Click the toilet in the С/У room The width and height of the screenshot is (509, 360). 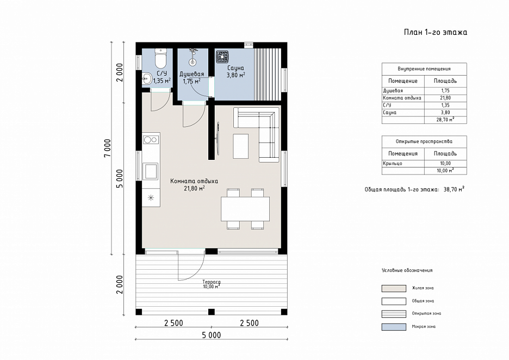point(160,58)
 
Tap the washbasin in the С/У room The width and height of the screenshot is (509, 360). point(147,78)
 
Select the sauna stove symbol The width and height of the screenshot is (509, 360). point(222,57)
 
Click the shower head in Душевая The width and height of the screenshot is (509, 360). point(193,56)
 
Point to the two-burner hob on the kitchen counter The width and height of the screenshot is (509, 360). point(151,140)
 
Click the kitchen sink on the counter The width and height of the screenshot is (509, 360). point(151,171)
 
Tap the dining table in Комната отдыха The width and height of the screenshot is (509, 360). point(245,209)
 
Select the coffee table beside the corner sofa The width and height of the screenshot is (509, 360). point(240,146)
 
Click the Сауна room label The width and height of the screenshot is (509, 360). point(235,68)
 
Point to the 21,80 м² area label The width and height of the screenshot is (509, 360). point(195,188)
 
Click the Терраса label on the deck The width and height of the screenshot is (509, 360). point(212,282)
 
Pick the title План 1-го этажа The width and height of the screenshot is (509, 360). point(436,32)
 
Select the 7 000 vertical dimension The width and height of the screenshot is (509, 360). point(108,148)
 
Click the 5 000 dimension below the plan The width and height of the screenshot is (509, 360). point(212,335)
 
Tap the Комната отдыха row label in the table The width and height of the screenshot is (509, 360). point(402,98)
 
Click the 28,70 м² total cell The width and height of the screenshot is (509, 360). point(445,120)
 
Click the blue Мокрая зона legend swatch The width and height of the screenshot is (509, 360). point(394,327)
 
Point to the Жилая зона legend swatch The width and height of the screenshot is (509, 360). point(394,288)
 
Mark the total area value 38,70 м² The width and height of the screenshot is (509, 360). point(454,189)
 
